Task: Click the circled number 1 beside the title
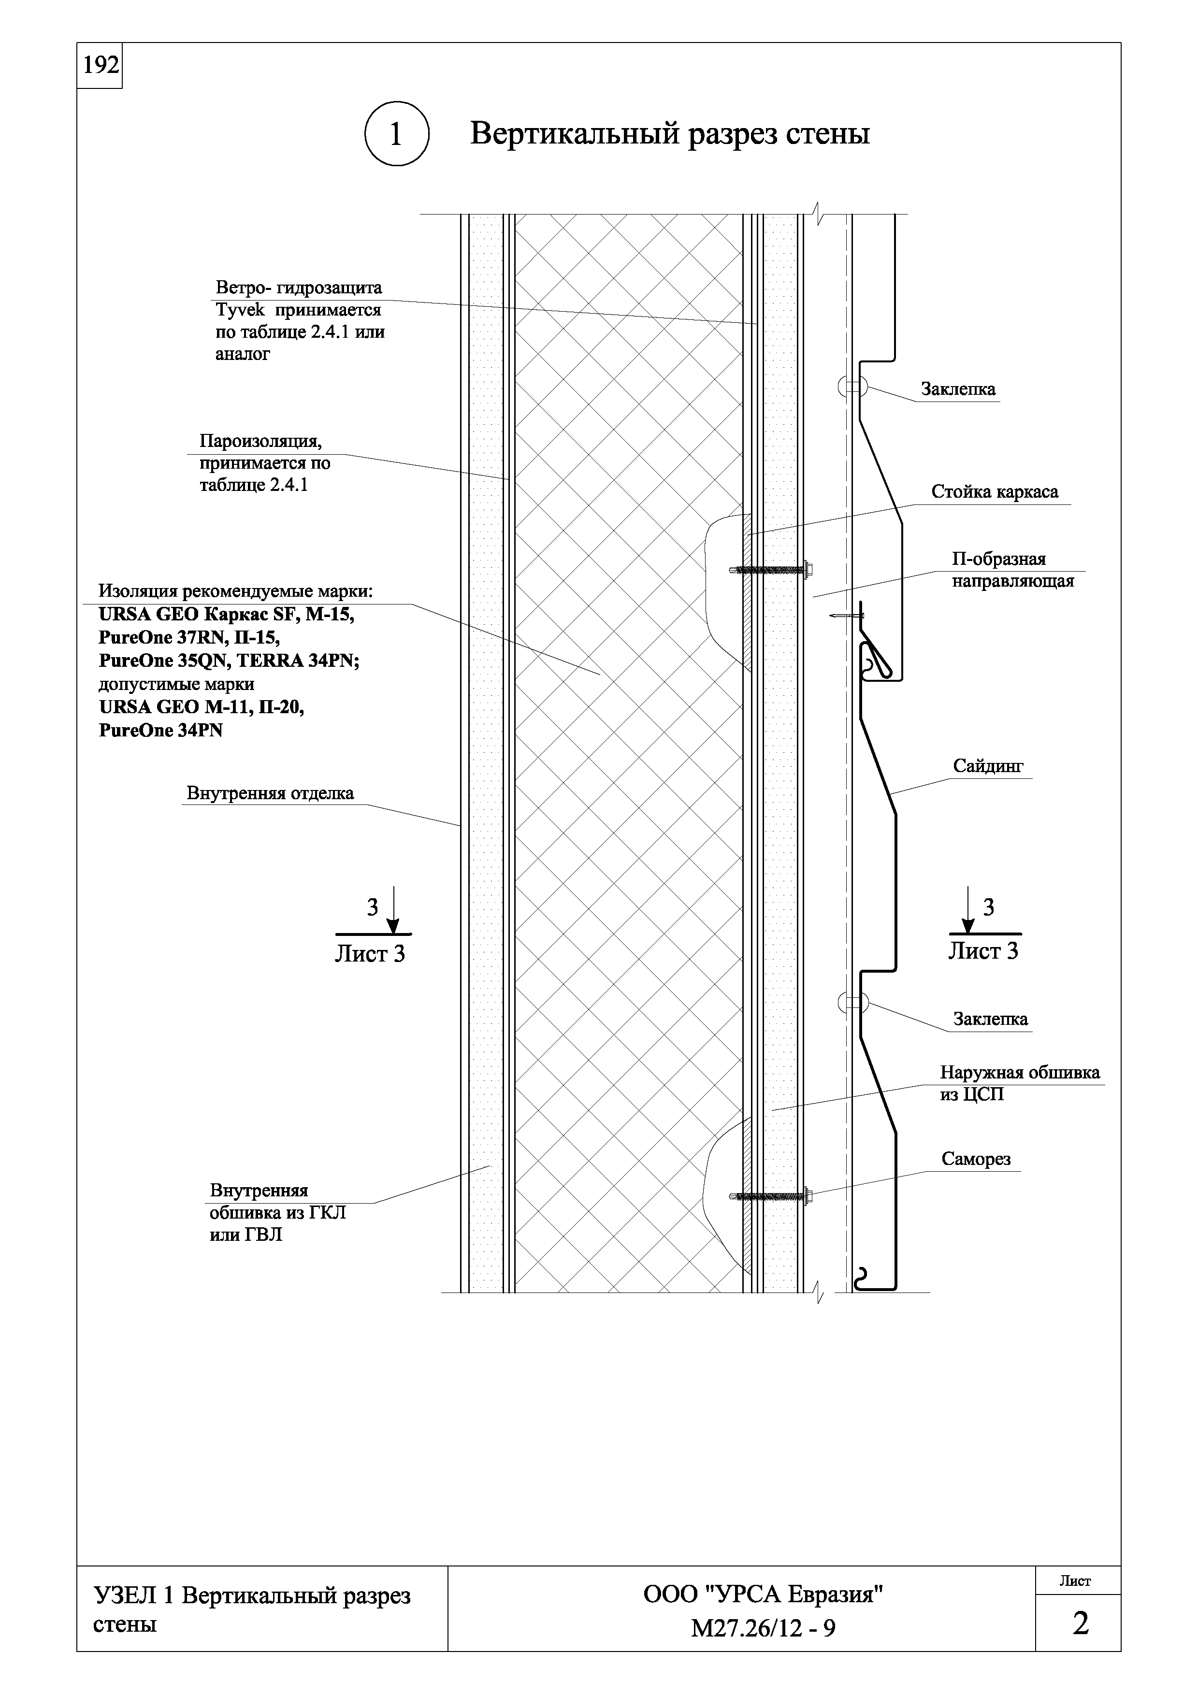(x=396, y=134)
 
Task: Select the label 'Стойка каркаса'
(x=994, y=492)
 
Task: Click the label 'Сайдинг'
(x=988, y=766)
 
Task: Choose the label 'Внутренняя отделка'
(x=270, y=793)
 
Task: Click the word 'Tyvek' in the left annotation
(x=240, y=310)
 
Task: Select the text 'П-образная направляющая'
(x=1012, y=570)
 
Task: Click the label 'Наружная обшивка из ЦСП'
(x=1019, y=1083)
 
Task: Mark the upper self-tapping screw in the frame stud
(x=771, y=569)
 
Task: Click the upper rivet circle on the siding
(x=852, y=386)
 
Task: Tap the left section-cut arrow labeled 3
(x=393, y=912)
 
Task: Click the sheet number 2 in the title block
(x=1080, y=1624)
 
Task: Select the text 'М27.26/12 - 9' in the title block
(x=763, y=1628)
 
